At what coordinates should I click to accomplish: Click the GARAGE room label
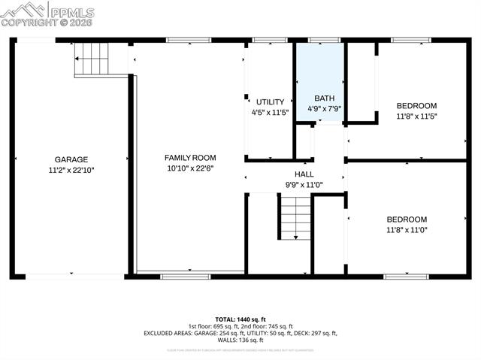71,159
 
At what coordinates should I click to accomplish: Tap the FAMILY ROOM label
190,158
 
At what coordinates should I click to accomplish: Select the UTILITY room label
270,102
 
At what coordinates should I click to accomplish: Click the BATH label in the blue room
324,98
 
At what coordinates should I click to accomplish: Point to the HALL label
304,174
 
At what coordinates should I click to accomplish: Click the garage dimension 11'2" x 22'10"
71,170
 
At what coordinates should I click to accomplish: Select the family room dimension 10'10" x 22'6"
190,168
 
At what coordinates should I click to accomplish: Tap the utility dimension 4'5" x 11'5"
270,112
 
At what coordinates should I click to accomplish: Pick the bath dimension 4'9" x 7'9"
324,109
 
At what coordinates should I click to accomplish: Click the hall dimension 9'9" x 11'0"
304,184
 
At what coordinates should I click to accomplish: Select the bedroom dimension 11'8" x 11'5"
416,116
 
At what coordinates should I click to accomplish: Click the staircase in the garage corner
92,59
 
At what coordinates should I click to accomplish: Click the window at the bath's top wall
324,40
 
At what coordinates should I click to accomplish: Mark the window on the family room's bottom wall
185,277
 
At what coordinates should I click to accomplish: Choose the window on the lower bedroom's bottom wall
406,277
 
